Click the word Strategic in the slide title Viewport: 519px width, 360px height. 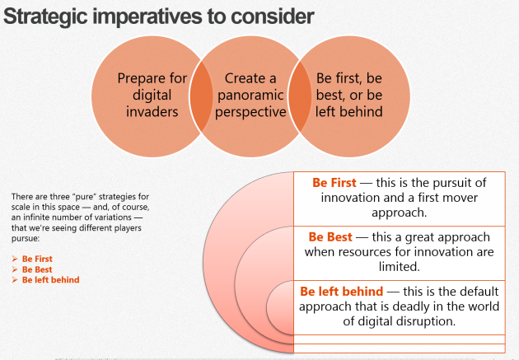45,17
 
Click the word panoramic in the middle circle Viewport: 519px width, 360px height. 250,96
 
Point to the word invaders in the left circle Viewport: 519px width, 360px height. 152,112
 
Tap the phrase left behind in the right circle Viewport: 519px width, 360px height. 348,111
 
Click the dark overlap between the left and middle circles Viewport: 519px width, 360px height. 201,96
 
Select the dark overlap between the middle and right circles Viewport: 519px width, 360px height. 300,96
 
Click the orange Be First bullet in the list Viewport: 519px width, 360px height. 37,259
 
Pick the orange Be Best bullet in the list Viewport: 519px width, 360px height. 37,269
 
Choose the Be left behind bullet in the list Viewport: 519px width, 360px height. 50,280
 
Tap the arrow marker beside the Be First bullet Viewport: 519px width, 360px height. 15,259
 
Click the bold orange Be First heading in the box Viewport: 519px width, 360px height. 334,183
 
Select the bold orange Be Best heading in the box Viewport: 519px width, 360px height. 330,237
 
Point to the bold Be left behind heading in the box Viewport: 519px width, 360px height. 342,292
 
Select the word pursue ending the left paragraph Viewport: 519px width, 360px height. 25,239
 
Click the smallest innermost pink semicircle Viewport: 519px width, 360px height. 280,307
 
